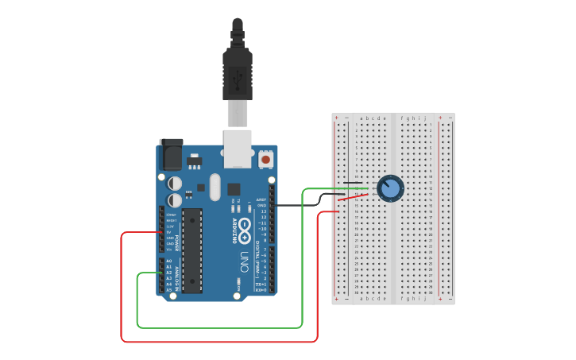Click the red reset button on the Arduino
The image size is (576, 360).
click(x=265, y=159)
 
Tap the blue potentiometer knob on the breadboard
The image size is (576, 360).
click(x=390, y=188)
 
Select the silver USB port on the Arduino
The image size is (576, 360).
click(x=238, y=149)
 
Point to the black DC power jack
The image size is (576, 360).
click(x=171, y=153)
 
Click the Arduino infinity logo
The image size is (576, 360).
click(x=245, y=231)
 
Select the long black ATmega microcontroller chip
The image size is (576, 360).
click(x=192, y=250)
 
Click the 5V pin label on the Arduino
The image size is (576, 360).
click(x=169, y=232)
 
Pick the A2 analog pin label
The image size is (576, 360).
click(x=168, y=273)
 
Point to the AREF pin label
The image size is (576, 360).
click(x=261, y=200)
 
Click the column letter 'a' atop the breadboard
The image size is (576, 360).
click(x=361, y=118)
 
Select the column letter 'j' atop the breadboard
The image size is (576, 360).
click(x=425, y=118)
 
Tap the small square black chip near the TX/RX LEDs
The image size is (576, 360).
click(x=234, y=189)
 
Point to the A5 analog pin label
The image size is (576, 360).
click(x=168, y=289)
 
